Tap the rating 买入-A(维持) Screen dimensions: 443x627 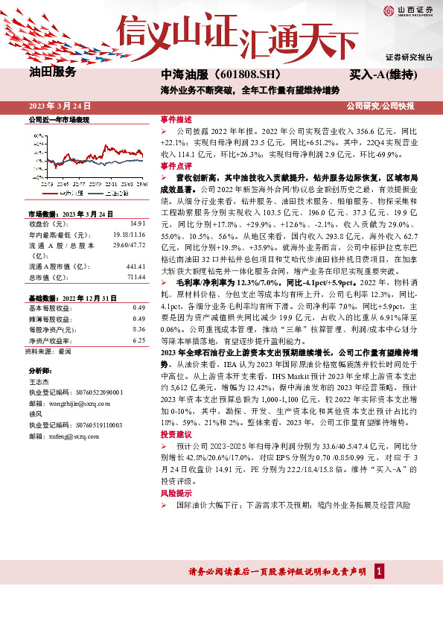coord(382,75)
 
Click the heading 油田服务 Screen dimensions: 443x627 coord(53,72)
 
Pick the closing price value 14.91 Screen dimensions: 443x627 coord(137,223)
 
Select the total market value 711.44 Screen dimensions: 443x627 coord(136,277)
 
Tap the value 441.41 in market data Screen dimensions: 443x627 coord(136,266)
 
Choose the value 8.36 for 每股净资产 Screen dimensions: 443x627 coord(138,329)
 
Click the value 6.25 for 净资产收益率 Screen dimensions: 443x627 coord(138,340)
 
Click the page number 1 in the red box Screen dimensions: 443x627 coord(379,571)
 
